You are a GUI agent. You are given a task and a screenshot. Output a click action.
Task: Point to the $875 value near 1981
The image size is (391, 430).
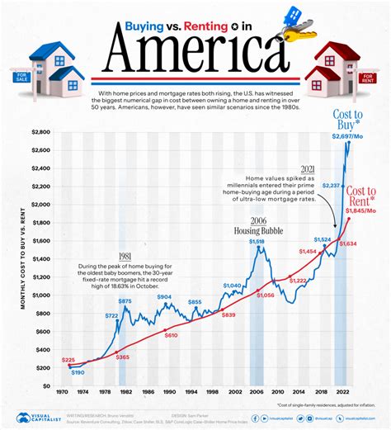(124, 301)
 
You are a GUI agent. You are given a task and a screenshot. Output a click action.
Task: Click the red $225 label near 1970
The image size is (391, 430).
(68, 361)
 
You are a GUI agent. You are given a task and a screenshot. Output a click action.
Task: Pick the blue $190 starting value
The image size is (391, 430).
(78, 373)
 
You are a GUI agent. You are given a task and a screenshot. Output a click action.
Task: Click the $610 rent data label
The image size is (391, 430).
(171, 335)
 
